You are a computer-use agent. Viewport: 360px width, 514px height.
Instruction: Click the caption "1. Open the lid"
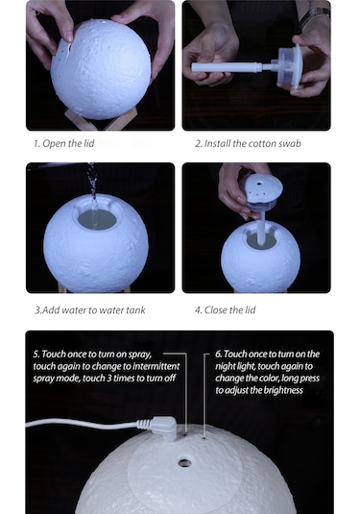(64, 143)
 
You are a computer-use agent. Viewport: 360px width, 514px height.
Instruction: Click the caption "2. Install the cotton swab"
(248, 143)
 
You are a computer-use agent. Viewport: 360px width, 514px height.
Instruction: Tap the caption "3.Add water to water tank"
(90, 310)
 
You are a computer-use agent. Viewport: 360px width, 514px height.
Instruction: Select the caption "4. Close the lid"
(225, 310)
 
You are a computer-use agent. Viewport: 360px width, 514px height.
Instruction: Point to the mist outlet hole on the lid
(184, 463)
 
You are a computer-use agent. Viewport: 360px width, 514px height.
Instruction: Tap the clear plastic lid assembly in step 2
(289, 66)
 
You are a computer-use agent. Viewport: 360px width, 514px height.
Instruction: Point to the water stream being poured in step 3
(93, 193)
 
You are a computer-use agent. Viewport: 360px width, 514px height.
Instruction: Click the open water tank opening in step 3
(97, 219)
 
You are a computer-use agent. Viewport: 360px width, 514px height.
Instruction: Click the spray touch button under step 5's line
(185, 434)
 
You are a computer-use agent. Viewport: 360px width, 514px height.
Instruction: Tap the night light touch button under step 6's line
(204, 438)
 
